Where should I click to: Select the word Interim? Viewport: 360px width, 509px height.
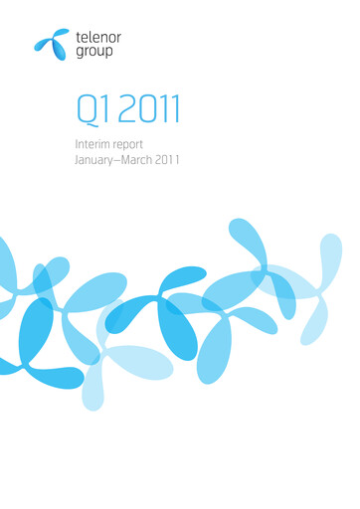tap(92, 144)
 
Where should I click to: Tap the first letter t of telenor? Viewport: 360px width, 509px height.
tap(79, 36)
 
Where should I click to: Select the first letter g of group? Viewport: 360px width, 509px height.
tap(80, 52)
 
